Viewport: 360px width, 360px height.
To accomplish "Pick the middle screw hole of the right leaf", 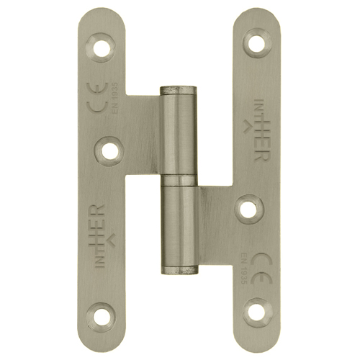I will (248, 209).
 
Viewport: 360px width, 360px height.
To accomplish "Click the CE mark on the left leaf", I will (99, 97).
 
